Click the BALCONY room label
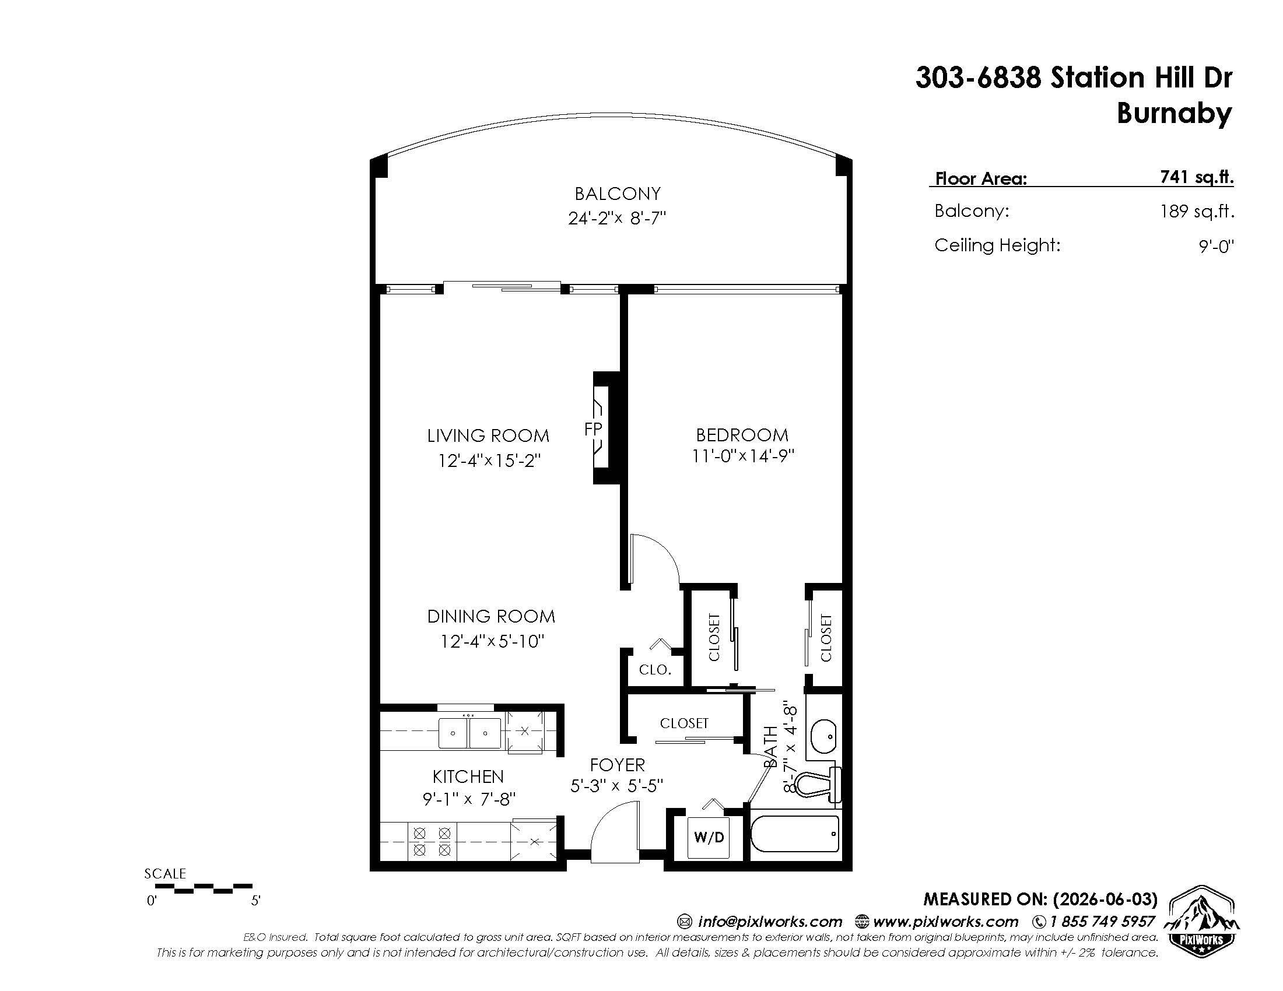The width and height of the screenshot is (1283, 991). (x=618, y=194)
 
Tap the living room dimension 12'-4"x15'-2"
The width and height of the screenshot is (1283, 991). (x=489, y=461)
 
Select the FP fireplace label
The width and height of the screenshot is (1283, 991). (x=593, y=429)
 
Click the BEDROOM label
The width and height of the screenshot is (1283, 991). (x=742, y=435)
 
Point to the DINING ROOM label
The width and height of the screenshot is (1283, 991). (x=490, y=616)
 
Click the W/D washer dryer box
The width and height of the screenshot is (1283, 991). (x=709, y=837)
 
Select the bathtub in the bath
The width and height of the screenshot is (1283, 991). (x=795, y=834)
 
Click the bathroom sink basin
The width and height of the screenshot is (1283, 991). (x=823, y=735)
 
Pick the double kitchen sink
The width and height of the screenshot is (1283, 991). (x=470, y=733)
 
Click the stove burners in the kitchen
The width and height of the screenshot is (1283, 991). (x=432, y=841)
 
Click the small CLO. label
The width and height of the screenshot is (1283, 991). (x=654, y=670)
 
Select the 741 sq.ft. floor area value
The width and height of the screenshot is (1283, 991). (x=1197, y=177)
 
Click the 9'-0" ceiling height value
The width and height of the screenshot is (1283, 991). (x=1216, y=246)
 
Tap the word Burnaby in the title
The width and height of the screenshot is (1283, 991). (x=1174, y=113)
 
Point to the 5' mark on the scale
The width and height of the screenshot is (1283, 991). (x=255, y=901)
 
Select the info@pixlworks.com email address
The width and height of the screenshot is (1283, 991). (x=770, y=921)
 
